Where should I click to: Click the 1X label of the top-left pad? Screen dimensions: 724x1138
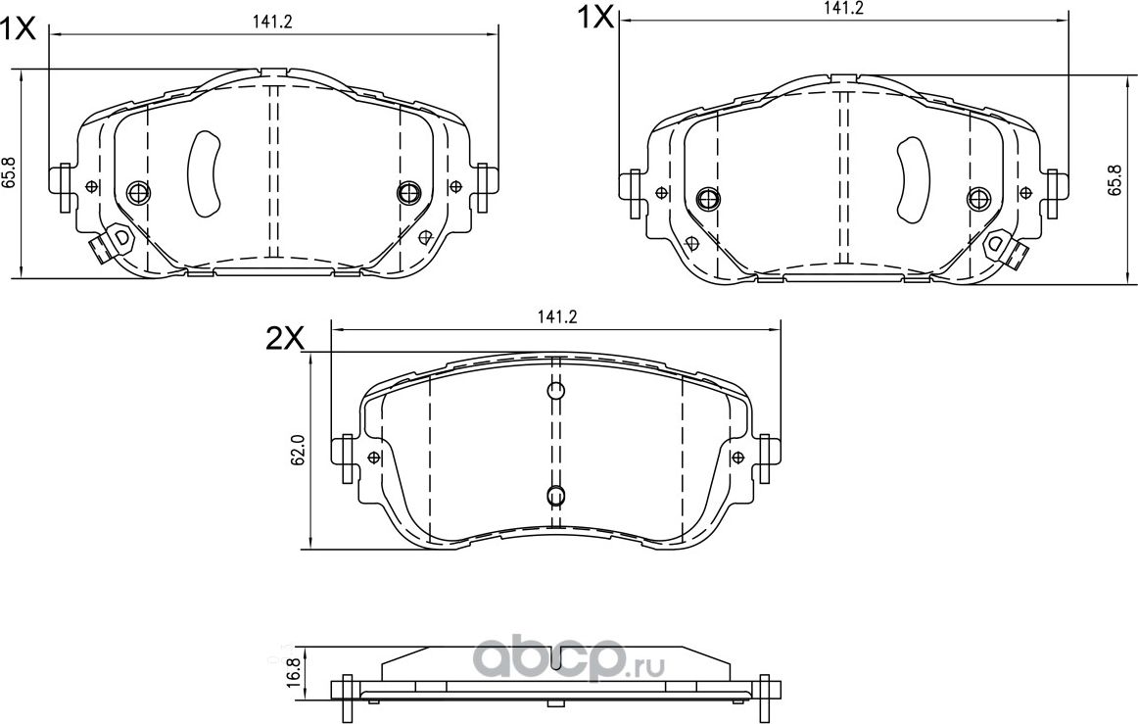point(18,28)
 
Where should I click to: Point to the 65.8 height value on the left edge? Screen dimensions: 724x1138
point(9,173)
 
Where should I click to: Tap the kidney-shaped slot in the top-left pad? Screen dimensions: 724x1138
point(205,172)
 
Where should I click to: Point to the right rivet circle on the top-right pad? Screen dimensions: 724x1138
point(977,199)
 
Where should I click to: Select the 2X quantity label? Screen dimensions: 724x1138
point(286,338)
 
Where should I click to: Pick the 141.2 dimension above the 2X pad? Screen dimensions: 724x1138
point(555,316)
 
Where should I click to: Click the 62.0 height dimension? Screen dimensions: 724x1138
point(300,451)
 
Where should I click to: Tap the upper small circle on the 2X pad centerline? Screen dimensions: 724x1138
point(555,392)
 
